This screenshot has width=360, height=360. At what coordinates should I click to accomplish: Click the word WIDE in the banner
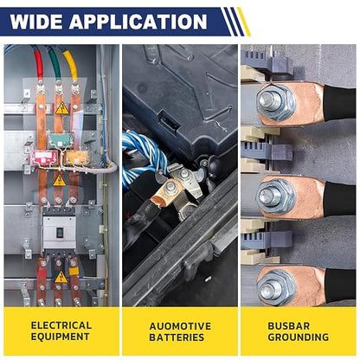pyautogui.click(x=36, y=22)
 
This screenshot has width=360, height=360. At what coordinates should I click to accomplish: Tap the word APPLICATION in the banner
pyautogui.click(x=138, y=22)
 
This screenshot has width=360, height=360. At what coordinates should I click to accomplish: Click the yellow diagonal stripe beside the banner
pyautogui.click(x=244, y=22)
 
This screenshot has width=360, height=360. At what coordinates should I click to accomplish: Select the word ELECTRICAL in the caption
pyautogui.click(x=61, y=325)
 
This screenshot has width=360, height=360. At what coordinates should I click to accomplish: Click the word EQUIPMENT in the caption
pyautogui.click(x=61, y=337)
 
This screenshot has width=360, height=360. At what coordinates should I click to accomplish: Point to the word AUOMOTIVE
pyautogui.click(x=180, y=326)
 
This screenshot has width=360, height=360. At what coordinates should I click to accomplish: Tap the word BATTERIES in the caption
pyautogui.click(x=177, y=337)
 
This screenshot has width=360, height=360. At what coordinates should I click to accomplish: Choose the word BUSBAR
pyautogui.click(x=289, y=325)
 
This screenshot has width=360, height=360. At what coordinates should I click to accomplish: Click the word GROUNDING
pyautogui.click(x=299, y=337)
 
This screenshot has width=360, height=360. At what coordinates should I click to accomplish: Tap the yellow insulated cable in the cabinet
pyautogui.click(x=72, y=66)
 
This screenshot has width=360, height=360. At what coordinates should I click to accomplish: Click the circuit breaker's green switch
pyautogui.click(x=60, y=232)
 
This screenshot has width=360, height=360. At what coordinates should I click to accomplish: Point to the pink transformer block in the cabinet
pyautogui.click(x=45, y=158)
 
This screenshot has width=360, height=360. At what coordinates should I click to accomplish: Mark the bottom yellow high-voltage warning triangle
pyautogui.click(x=61, y=278)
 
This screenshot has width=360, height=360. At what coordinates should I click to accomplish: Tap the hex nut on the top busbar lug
pyautogui.click(x=276, y=102)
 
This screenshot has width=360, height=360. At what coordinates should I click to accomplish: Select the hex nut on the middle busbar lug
pyautogui.click(x=276, y=196)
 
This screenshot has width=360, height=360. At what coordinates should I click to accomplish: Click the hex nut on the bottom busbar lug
pyautogui.click(x=276, y=288)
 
